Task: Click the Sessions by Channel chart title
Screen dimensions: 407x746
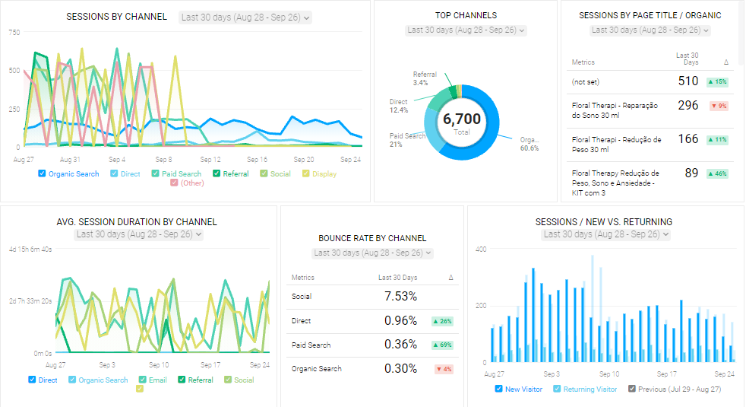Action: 116,17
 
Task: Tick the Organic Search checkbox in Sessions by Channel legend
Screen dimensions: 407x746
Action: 42,174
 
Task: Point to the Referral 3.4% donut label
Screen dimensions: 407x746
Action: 424,78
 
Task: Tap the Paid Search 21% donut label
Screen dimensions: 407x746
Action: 406,140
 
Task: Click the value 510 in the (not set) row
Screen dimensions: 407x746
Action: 688,81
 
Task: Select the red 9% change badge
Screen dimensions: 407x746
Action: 718,106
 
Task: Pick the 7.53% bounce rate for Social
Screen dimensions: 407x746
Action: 400,296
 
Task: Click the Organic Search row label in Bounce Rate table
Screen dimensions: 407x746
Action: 317,369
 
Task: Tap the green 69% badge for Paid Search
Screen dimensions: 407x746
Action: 441,345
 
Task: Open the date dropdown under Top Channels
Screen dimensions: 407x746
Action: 466,30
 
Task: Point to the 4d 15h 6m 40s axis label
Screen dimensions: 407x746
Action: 30,250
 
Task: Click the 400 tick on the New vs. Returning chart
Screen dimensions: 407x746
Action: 479,249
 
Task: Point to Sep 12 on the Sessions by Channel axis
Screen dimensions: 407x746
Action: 210,160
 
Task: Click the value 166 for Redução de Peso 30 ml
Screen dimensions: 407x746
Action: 688,139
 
